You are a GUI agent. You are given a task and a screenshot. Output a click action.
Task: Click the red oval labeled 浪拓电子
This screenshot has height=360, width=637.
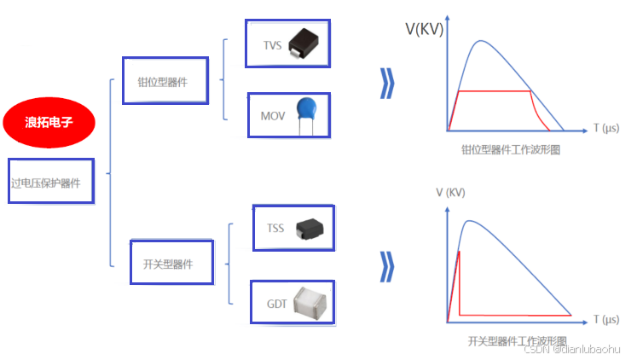pyautogui.click(x=49, y=122)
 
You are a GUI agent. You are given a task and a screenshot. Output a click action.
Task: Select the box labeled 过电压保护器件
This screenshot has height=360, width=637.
pyautogui.click(x=51, y=181)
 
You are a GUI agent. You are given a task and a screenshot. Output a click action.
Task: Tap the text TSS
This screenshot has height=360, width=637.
pyautogui.click(x=275, y=228)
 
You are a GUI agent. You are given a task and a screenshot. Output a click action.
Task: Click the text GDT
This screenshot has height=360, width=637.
pyautogui.click(x=276, y=303)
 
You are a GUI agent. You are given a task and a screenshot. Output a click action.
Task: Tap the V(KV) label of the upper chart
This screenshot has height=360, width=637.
pyautogui.click(x=426, y=29)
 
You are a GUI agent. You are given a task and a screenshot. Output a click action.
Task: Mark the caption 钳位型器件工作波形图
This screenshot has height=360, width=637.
pyautogui.click(x=510, y=150)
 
